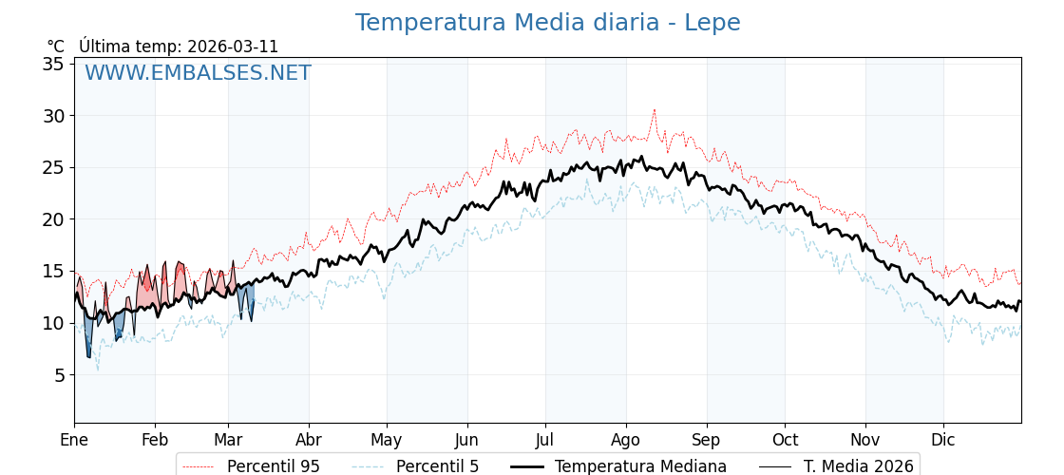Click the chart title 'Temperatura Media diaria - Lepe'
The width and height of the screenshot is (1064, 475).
[547, 23]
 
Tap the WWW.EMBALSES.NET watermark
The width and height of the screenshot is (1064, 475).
[198, 73]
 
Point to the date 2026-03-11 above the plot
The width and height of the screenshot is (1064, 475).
[233, 47]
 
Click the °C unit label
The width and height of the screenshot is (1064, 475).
[56, 47]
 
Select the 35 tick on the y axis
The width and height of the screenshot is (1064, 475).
[53, 64]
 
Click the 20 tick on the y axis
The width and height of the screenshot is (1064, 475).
[53, 219]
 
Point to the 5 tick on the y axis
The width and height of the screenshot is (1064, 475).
[58, 375]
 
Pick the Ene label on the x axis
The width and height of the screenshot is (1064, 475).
[74, 440]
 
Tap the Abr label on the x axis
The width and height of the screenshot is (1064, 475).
[309, 440]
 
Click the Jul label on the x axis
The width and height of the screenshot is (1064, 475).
[545, 440]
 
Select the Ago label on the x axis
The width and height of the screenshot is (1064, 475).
[626, 440]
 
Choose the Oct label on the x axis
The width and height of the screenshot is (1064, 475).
[785, 440]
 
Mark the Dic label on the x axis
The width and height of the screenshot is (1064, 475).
[943, 440]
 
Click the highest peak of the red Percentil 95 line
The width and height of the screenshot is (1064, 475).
[654, 110]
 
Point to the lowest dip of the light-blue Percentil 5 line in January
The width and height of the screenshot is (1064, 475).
[97, 370]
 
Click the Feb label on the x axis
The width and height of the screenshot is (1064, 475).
[155, 440]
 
